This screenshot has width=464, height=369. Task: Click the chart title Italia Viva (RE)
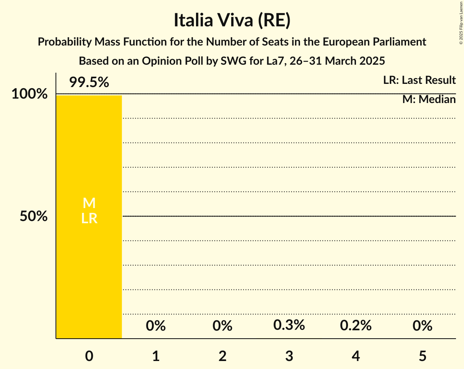click(x=232, y=21)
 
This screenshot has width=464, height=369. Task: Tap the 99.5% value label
click(x=89, y=82)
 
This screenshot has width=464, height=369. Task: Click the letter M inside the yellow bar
click(x=89, y=203)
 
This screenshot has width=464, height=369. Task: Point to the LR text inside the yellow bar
click(x=89, y=218)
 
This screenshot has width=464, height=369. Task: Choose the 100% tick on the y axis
click(x=29, y=94)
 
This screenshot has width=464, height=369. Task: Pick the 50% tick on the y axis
click(x=34, y=216)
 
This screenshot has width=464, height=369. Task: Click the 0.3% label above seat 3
click(x=289, y=325)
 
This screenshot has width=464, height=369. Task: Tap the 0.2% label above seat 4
click(x=356, y=326)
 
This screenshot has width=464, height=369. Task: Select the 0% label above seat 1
click(x=156, y=326)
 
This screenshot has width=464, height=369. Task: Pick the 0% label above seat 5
click(x=422, y=326)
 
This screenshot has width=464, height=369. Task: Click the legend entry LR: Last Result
click(x=419, y=80)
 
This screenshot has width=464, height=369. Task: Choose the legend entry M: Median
click(x=429, y=99)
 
